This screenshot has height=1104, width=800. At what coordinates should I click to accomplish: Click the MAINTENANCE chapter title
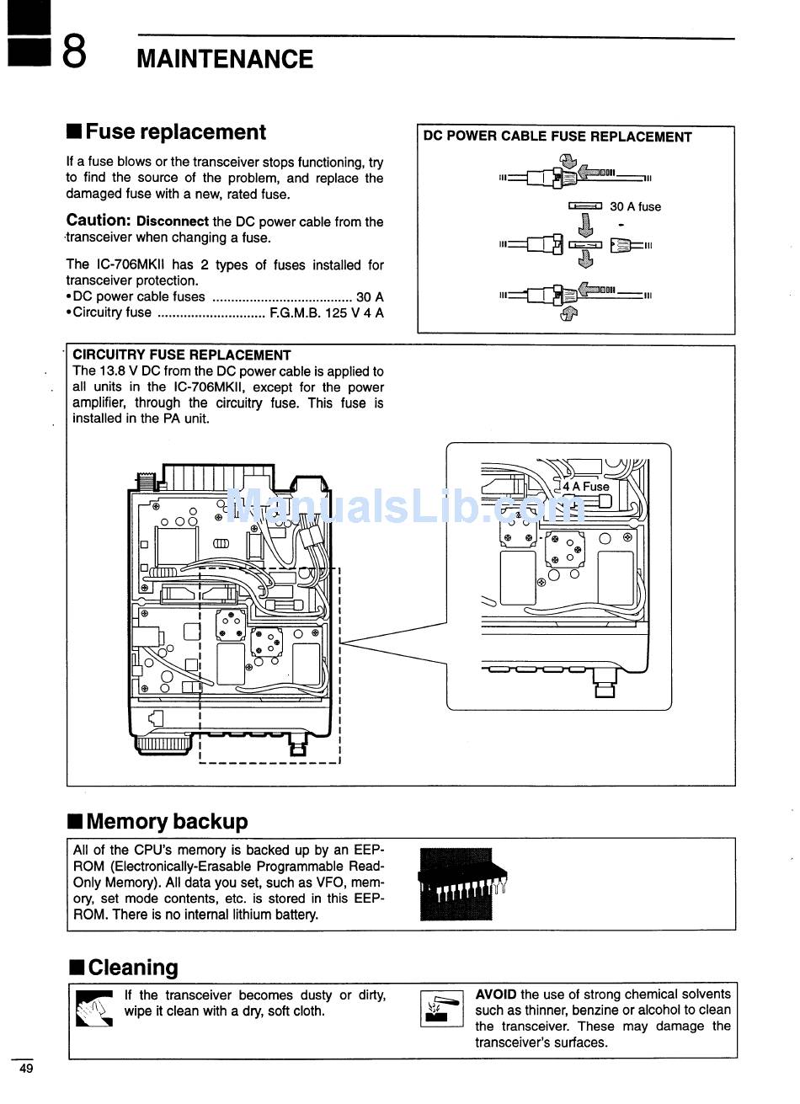pos(224,59)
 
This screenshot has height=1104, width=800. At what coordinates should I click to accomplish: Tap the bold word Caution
pos(98,221)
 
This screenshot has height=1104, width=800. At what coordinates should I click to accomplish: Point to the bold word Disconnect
pos(173,222)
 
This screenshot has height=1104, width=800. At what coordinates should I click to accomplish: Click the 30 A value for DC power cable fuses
pos(370,296)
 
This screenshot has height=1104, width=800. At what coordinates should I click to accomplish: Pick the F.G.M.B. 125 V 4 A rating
pos(326,312)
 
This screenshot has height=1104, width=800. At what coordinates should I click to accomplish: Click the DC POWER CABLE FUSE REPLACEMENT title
pos(557,136)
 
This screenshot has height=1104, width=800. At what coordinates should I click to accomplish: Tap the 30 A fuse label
pos(635,206)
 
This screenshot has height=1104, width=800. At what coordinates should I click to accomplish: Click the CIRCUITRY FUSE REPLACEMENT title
pos(181,355)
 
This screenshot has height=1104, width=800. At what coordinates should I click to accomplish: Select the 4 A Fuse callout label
pos(585,486)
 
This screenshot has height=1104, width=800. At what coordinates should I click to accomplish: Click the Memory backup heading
pos(167,821)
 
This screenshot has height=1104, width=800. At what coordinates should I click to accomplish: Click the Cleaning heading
pos(132,968)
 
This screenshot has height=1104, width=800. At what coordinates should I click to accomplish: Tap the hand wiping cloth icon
pos(93,1008)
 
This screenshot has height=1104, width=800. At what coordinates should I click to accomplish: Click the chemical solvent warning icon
pos(441,1008)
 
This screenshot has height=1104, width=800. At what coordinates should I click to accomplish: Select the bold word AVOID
pos(495,995)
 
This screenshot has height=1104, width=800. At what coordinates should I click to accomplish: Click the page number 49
pos(26,1069)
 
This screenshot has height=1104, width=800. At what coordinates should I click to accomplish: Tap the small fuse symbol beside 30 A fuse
pos(585,206)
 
